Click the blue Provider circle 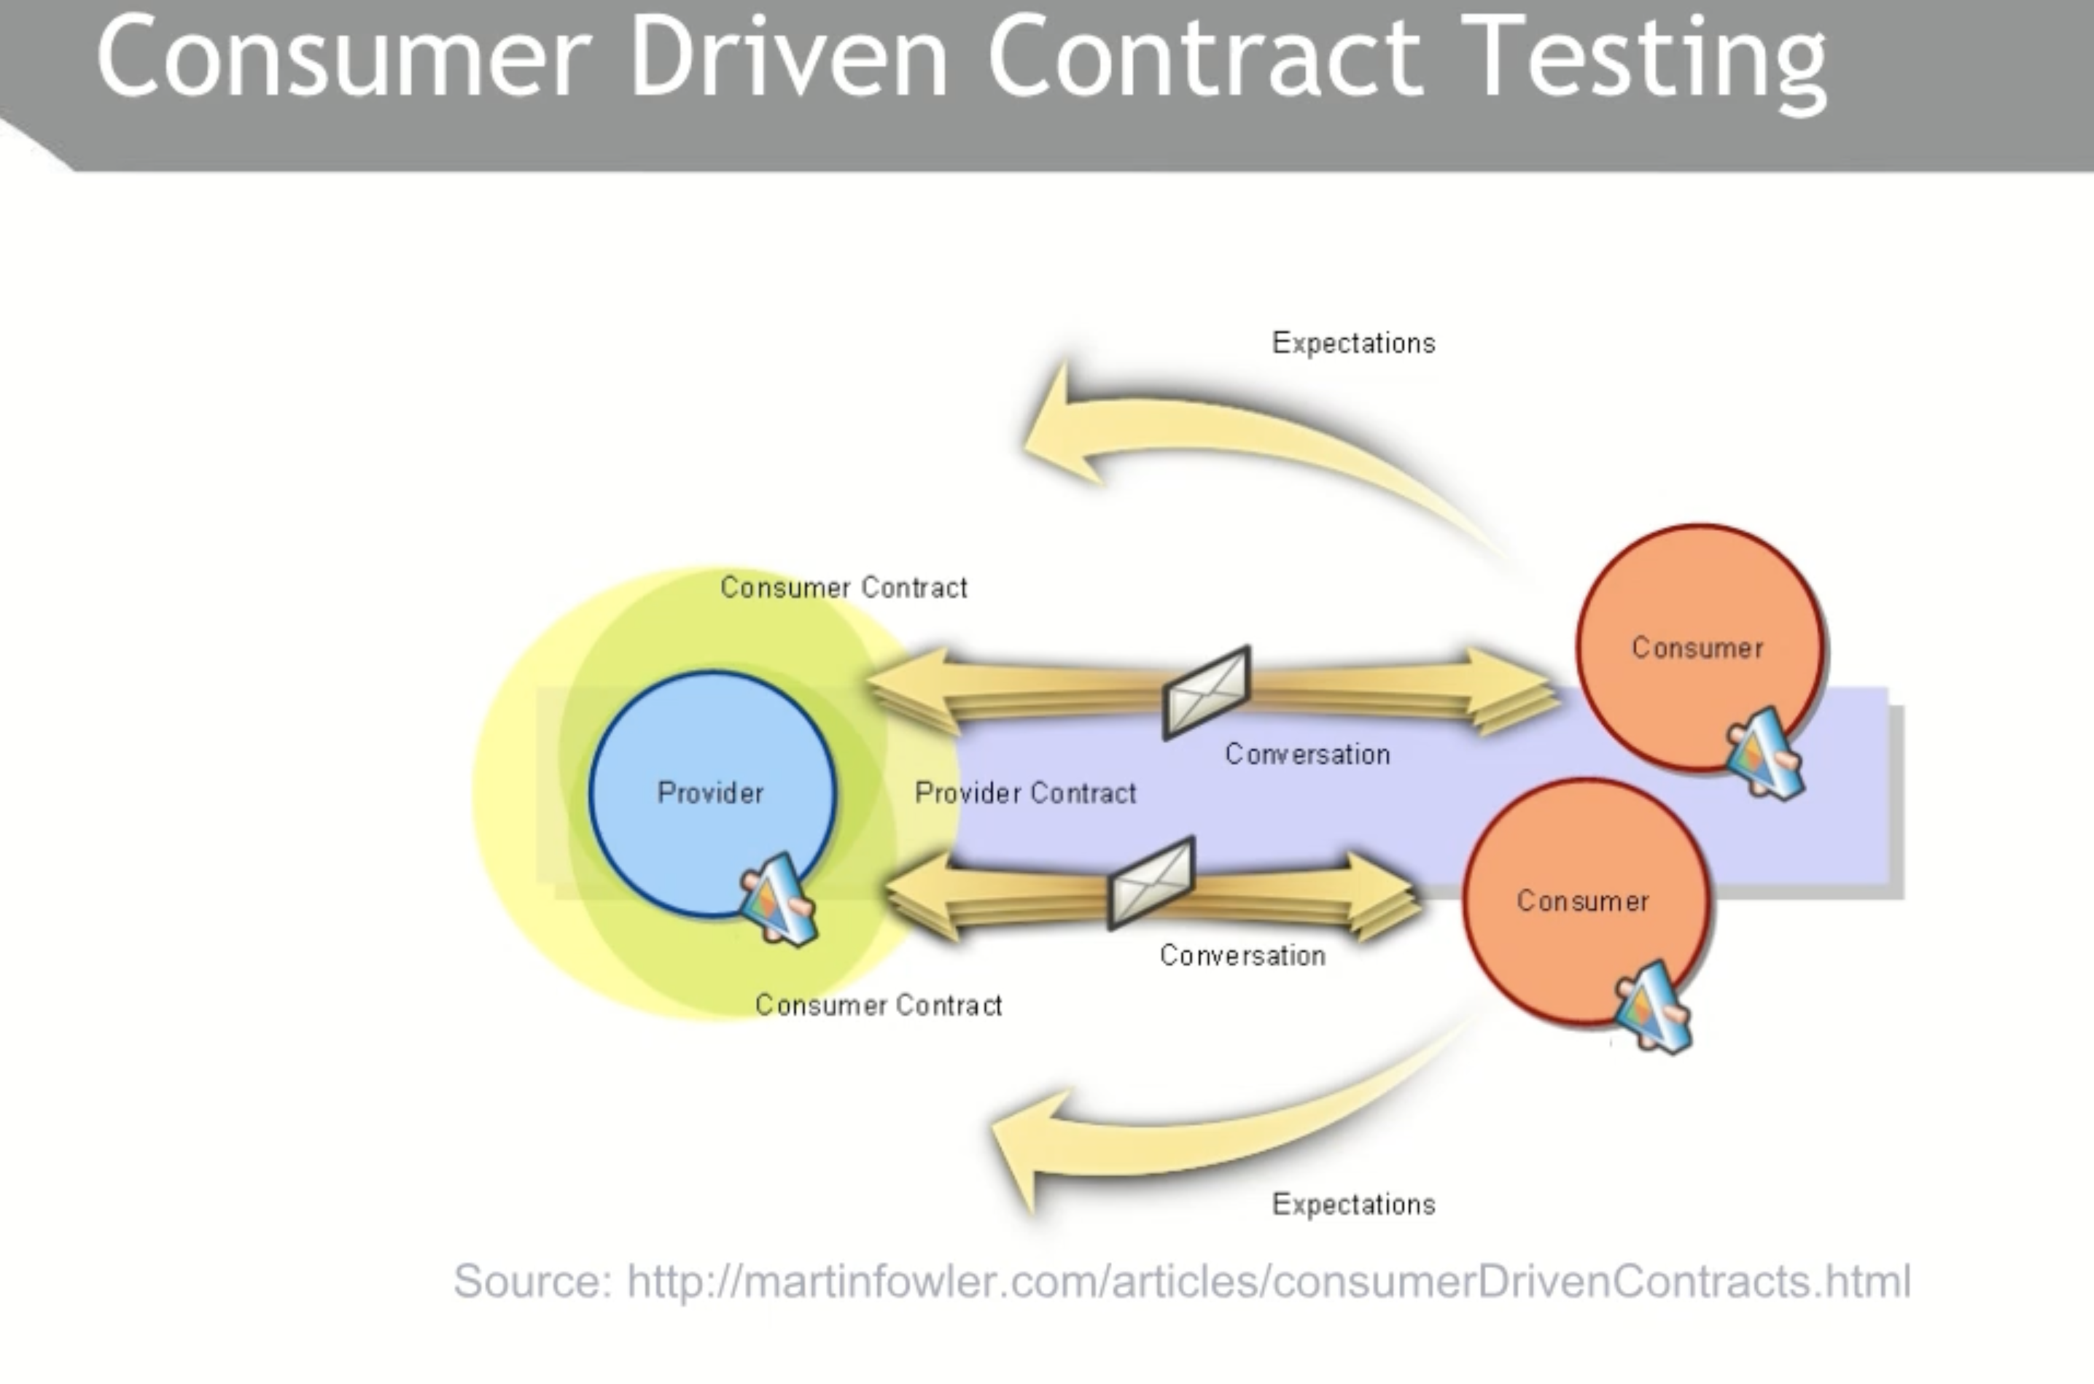point(711,793)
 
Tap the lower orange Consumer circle point(1586,901)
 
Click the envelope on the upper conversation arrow point(1206,692)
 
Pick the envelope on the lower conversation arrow point(1151,882)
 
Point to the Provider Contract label point(1025,793)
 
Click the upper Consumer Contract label point(844,587)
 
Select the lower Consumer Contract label point(879,1005)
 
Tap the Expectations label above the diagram point(1354,343)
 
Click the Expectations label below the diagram point(1354,1204)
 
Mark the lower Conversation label point(1242,955)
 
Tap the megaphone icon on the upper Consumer point(1765,754)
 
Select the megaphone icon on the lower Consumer point(1653,1006)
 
